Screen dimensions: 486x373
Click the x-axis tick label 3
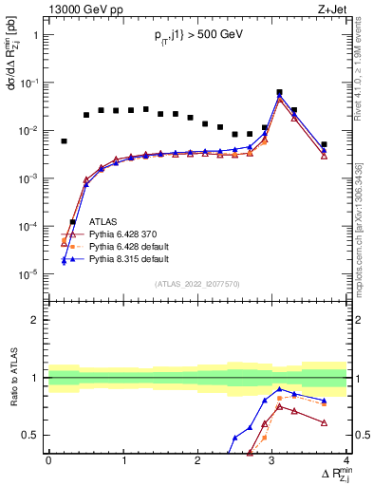[x=272, y=460]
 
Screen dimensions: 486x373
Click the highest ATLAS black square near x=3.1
[x=279, y=92]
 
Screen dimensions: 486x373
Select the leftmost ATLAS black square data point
[x=64, y=141]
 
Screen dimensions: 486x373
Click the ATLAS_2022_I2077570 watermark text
[x=196, y=283]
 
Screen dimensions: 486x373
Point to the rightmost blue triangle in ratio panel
[x=324, y=401]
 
